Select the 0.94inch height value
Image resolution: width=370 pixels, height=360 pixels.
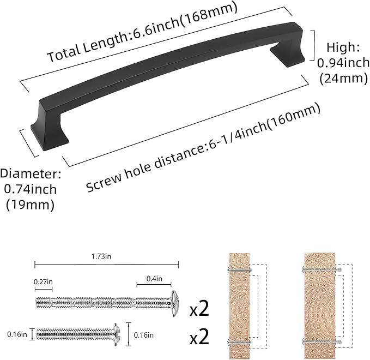(x=343, y=63)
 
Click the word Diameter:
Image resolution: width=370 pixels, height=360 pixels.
(x=31, y=175)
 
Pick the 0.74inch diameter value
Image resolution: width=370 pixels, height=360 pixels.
(x=31, y=190)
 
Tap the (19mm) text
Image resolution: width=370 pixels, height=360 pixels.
(x=31, y=205)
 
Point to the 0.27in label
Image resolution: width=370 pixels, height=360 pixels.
(x=44, y=281)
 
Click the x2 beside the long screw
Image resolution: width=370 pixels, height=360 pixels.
(x=199, y=310)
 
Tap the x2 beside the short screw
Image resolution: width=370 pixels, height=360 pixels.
(x=199, y=337)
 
